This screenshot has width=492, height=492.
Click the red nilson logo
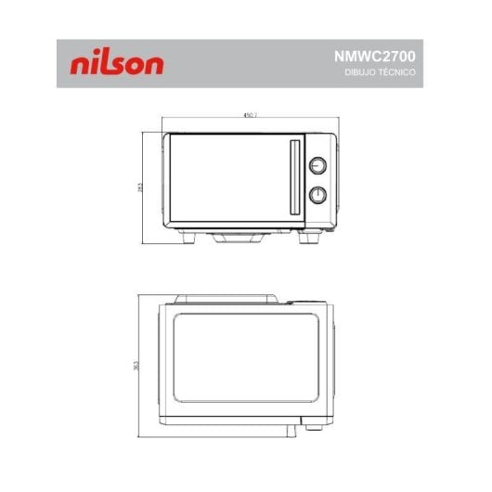(117, 64)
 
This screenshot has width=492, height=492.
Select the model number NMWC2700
(375, 56)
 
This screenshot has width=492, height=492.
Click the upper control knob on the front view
(318, 165)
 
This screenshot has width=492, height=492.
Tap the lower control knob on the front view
(318, 195)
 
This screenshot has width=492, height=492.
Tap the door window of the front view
(227, 180)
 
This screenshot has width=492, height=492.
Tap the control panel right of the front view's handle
(318, 180)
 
